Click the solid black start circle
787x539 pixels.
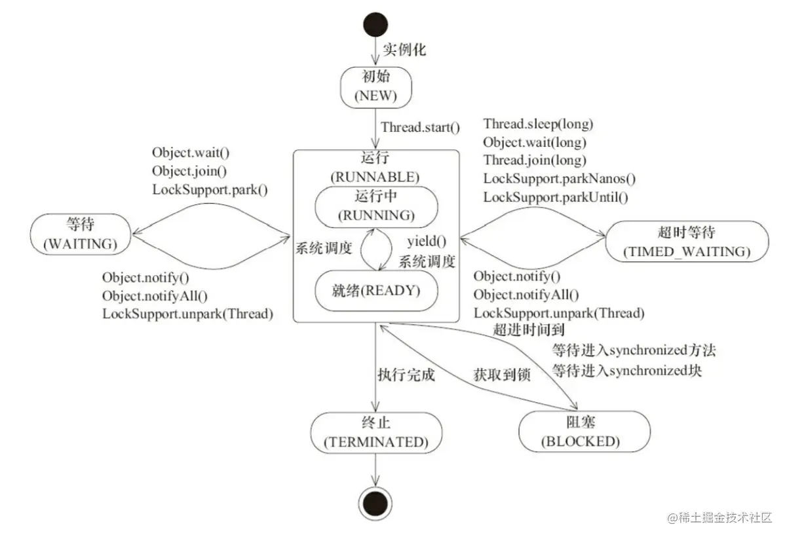375,26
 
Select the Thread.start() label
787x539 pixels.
421,127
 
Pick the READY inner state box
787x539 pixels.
375,291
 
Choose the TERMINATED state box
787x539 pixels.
375,433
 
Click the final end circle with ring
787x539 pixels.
375,504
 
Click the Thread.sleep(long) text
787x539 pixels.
538,124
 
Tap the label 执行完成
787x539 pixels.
406,375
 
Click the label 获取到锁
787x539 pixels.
501,375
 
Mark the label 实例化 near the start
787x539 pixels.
404,50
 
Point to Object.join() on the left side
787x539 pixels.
189,172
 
